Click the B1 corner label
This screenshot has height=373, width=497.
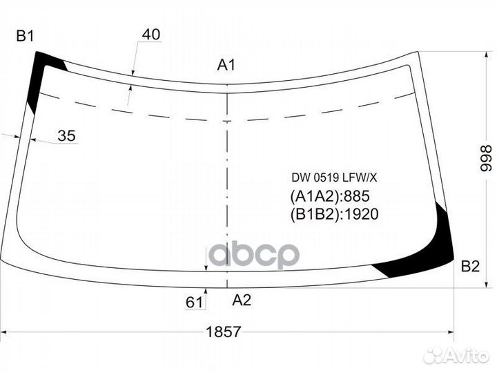25,36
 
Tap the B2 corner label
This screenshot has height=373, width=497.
470,266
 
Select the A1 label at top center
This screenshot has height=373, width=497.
226,65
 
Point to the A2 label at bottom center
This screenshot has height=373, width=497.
242,300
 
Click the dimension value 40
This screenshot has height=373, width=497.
151,35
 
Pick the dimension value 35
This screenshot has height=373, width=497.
67,136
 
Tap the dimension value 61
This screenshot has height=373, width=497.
194,303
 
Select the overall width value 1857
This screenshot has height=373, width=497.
224,332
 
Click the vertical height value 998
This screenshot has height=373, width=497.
485,159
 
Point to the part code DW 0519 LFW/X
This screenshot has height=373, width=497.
334,178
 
